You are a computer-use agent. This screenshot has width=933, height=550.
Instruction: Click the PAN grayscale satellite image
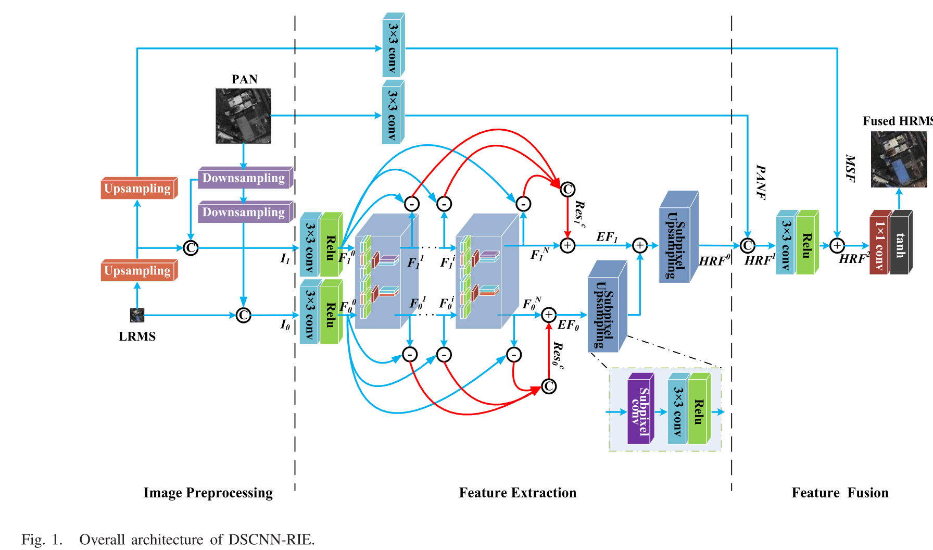[243, 116]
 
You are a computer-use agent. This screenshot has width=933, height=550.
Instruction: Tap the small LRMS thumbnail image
[137, 315]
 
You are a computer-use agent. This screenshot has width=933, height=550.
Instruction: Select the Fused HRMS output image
[899, 159]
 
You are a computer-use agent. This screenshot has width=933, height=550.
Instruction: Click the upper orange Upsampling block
[138, 188]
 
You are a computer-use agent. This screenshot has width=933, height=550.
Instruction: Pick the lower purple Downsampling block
[244, 213]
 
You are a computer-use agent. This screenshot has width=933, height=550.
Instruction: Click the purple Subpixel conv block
[640, 409]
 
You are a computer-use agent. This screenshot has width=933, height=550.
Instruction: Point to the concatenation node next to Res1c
[567, 189]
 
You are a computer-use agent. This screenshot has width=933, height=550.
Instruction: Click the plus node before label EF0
[549, 315]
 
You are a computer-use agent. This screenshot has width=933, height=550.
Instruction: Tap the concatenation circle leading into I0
[243, 315]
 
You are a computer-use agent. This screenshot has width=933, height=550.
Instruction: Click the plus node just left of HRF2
[837, 245]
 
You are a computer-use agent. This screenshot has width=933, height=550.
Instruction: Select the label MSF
[850, 168]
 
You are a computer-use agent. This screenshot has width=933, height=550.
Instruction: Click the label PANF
[761, 182]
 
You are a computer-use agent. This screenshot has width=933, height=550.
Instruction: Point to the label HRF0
[714, 260]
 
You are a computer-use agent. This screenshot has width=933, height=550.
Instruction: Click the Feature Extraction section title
[518, 493]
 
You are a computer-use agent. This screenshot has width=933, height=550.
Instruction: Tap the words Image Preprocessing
[208, 493]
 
